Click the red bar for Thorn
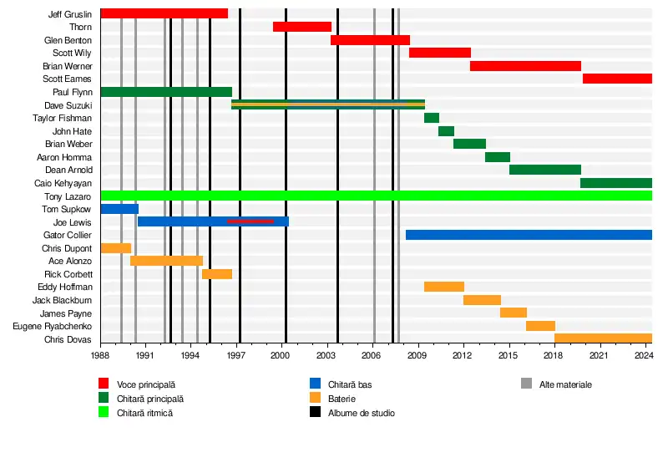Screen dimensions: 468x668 coord(301,27)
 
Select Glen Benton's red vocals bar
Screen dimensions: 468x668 coord(370,40)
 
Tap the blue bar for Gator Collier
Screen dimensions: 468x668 coord(528,235)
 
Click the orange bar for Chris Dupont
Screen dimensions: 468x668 coord(115,248)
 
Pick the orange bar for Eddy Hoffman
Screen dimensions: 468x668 coord(443,287)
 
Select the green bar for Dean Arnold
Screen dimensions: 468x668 coord(544,170)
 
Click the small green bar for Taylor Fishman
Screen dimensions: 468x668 coord(431,118)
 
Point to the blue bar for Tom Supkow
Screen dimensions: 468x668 coord(119,209)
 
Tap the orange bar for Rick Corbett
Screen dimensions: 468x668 coord(216,274)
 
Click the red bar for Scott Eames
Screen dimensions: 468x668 coord(616,79)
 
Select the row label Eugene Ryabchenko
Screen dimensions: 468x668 coord(53,326)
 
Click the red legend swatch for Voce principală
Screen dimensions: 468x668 coord(104,384)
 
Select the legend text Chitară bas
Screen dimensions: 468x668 coord(350,384)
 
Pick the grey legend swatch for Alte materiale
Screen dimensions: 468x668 coord(526,384)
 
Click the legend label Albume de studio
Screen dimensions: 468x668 coord(362,413)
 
